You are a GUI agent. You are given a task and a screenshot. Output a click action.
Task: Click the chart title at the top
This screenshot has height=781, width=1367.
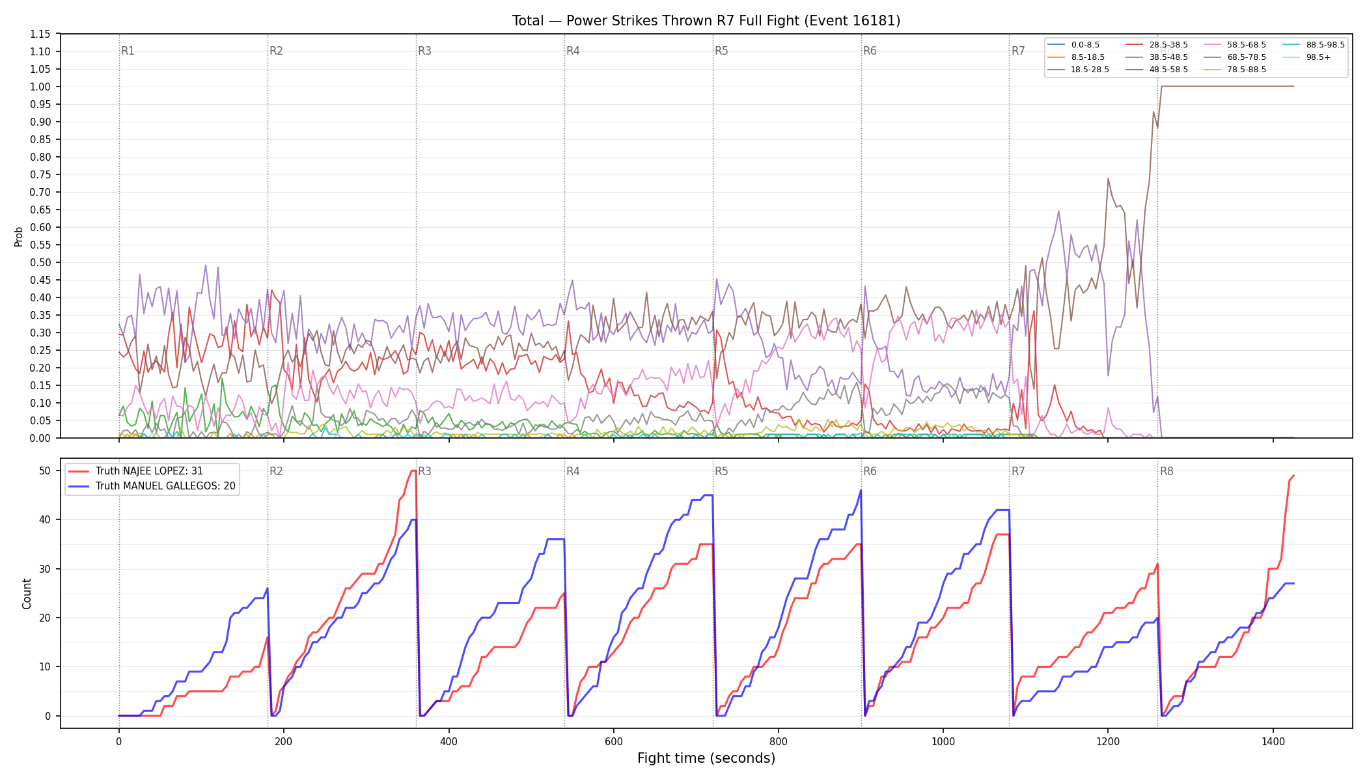[x=706, y=21]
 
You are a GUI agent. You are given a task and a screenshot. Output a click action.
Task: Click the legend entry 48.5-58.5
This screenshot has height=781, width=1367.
[x=1156, y=70]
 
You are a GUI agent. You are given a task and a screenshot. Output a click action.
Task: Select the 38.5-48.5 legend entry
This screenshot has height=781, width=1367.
[x=1156, y=57]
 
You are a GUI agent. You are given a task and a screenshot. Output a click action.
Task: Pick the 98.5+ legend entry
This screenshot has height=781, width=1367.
[x=1306, y=57]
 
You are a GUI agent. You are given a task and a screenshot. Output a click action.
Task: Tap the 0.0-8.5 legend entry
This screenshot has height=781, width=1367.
[x=1073, y=45]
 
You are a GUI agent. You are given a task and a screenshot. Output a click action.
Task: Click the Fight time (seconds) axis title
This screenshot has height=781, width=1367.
[x=706, y=758]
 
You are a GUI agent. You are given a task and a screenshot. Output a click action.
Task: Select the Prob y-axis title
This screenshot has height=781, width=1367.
[x=19, y=236]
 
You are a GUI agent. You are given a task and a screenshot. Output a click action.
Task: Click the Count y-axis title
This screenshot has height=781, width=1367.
[x=27, y=594]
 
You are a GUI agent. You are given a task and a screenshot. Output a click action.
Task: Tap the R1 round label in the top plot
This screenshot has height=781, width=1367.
[x=128, y=51]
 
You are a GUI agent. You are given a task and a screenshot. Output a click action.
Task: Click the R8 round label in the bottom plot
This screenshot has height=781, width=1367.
[x=1167, y=471]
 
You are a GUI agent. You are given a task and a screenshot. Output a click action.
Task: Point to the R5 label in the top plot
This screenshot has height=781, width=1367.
[x=721, y=51]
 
